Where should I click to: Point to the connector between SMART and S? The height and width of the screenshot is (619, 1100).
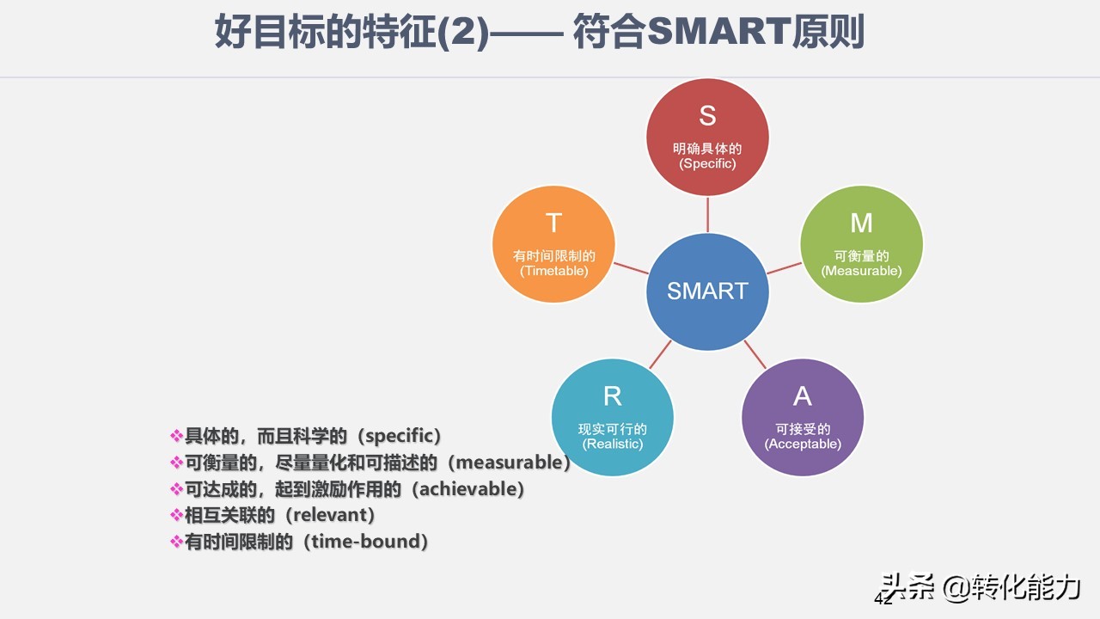(x=707, y=214)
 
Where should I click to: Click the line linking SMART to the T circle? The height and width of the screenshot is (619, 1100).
(x=632, y=267)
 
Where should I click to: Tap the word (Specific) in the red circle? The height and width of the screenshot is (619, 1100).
(x=707, y=163)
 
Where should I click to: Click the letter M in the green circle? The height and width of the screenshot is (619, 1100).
(x=861, y=224)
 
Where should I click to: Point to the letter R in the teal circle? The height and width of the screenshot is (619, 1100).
(x=612, y=396)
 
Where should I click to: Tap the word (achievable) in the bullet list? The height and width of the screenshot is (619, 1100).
(x=467, y=489)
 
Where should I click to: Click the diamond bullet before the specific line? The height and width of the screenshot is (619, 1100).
(x=177, y=436)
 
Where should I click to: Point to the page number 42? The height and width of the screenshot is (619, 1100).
(x=883, y=598)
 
